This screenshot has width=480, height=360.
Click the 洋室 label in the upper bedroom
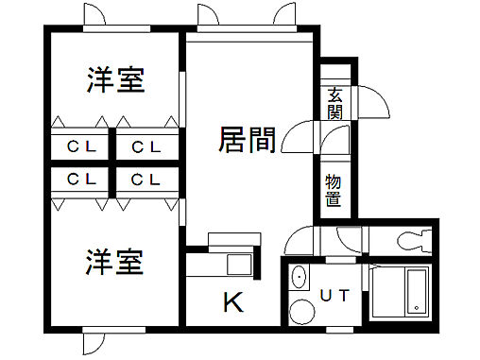click(x=116, y=81)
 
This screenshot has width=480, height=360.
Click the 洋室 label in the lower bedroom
click(x=116, y=262)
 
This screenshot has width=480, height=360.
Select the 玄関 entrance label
click(x=335, y=103)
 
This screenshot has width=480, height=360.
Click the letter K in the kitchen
click(x=232, y=302)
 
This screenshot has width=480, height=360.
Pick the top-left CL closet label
click(x=79, y=146)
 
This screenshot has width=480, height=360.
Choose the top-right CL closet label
click(x=145, y=146)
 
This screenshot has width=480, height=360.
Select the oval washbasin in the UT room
click(x=300, y=279)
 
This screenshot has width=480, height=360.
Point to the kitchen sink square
click(x=238, y=263)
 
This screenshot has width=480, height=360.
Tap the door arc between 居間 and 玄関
click(x=300, y=140)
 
